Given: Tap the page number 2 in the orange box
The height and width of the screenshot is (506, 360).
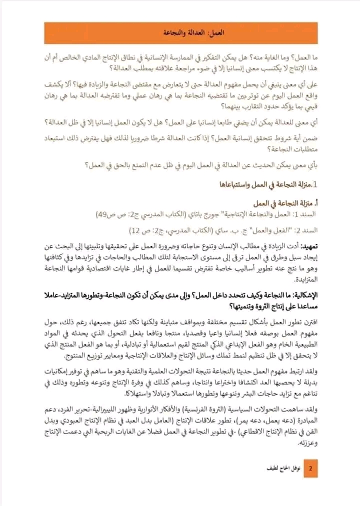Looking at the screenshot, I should pyautogui.click(x=310, y=469).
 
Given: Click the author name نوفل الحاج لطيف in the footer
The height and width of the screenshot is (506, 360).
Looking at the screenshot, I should pyautogui.click(x=281, y=469).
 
